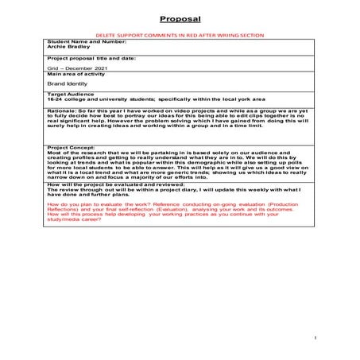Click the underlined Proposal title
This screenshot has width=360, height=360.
(180, 20)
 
